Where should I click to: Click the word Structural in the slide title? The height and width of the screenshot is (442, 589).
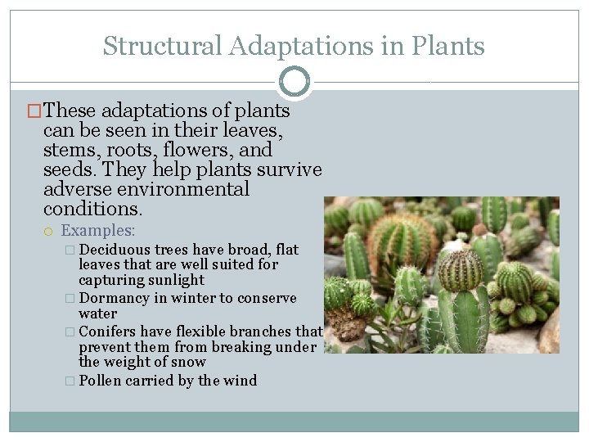(162, 46)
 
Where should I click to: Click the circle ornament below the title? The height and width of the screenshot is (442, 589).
(294, 83)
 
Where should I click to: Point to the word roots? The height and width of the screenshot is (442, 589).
(128, 151)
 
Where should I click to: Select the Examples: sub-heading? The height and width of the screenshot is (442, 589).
(98, 232)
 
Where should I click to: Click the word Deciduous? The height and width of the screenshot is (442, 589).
(115, 250)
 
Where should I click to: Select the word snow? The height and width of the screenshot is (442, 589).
(189, 362)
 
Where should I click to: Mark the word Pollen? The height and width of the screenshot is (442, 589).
(99, 381)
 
